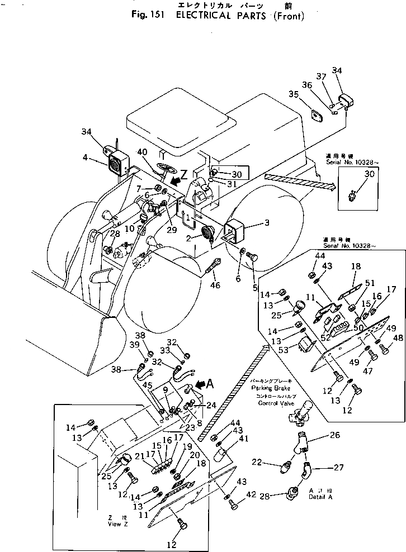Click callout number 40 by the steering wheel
coord(142,152)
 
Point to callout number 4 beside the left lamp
coord(86,158)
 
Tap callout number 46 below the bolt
coord(215,286)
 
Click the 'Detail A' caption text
coord(320,496)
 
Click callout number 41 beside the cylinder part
coord(243,439)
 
